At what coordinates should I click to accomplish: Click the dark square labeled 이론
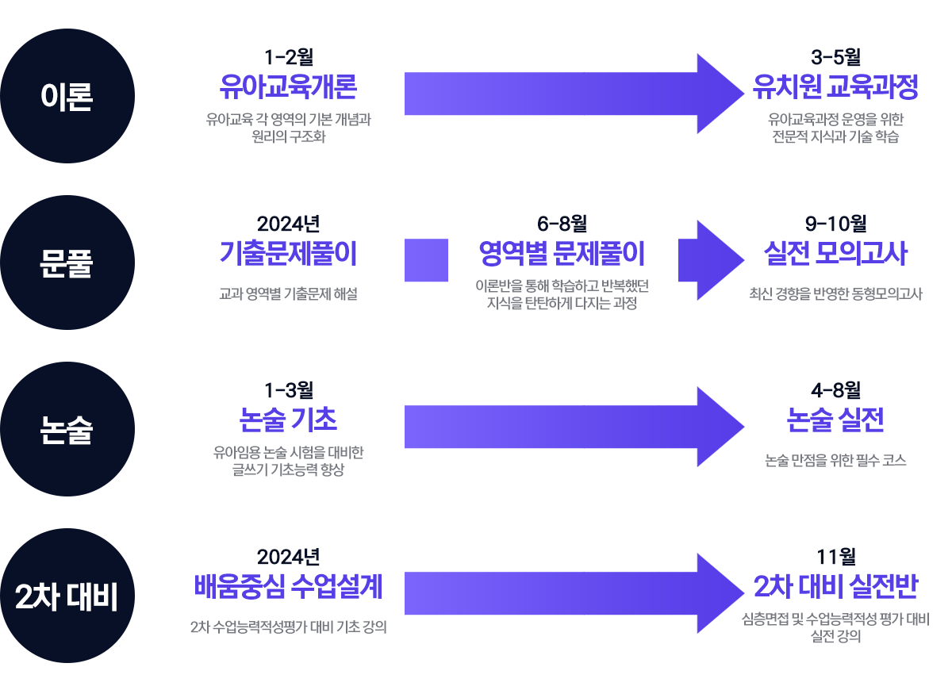pos(67,96)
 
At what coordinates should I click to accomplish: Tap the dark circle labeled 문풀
pos(67,263)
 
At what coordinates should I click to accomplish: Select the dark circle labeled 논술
pos(67,429)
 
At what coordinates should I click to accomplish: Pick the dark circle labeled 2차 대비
pos(67,596)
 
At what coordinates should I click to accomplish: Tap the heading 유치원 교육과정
pos(835,87)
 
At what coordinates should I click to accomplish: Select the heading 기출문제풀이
pos(289,255)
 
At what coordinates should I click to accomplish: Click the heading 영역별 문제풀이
pos(562,255)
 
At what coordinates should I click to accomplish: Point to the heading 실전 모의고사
pos(835,255)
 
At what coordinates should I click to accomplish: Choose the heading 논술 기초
pos(289,420)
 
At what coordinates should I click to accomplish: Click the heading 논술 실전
pos(835,420)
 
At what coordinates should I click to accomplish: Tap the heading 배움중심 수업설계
pos(289,588)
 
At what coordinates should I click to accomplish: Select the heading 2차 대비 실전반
pos(835,588)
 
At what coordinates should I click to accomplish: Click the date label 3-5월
pos(835,57)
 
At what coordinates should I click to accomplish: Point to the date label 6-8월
pos(562,224)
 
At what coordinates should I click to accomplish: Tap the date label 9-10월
pos(835,224)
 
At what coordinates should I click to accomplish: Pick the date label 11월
pos(835,558)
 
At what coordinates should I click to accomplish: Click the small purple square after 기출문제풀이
pos(427,260)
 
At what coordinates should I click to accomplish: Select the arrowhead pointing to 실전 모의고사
pos(706,260)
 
